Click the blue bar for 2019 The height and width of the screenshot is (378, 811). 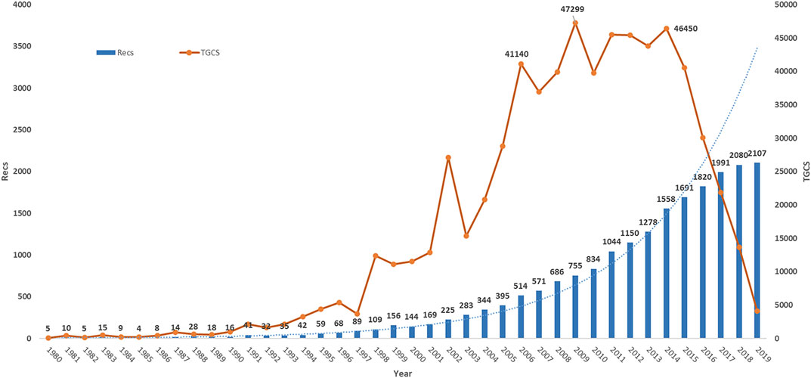pos(757,250)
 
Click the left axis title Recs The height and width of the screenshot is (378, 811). pos(6,172)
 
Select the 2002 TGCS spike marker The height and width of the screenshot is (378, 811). pos(448,157)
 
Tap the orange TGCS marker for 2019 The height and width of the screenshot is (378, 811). pos(757,311)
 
